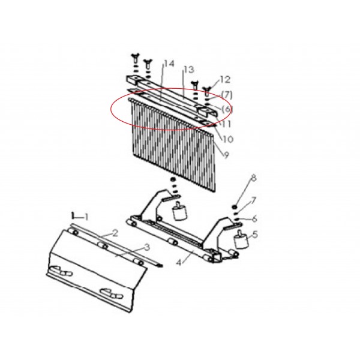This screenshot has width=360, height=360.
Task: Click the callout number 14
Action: (x=169, y=64)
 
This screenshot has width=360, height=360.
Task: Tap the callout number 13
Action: (x=189, y=70)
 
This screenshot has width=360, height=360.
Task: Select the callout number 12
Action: (x=225, y=80)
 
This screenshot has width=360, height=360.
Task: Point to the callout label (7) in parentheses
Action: (x=227, y=95)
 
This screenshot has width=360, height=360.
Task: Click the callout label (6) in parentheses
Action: (x=227, y=109)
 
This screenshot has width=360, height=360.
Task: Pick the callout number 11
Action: (x=226, y=124)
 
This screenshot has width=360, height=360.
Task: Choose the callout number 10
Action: (x=228, y=139)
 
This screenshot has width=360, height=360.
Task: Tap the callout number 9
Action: (x=226, y=155)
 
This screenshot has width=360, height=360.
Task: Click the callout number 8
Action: (x=253, y=178)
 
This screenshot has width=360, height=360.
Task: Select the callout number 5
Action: (x=255, y=235)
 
